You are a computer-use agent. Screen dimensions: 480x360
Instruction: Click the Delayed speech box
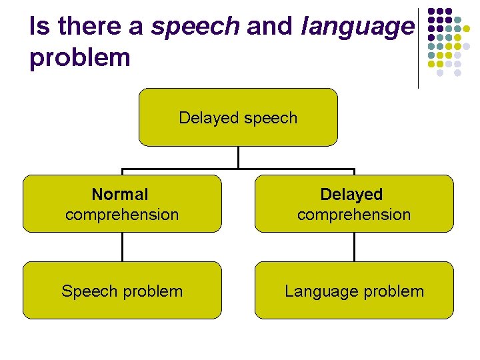(x=238, y=117)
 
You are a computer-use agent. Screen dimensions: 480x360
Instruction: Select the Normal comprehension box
(x=122, y=203)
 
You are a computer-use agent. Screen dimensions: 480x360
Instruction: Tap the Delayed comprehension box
(x=354, y=203)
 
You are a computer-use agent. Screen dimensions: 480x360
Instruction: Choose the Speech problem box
(x=122, y=291)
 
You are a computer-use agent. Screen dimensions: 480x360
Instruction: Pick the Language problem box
(x=354, y=291)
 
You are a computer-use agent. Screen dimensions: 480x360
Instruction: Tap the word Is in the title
(x=39, y=27)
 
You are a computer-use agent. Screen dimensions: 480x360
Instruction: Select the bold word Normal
(x=120, y=195)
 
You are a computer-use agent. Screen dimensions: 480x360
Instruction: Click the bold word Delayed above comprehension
(x=351, y=195)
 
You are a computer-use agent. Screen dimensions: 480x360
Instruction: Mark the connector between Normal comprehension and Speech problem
(x=123, y=247)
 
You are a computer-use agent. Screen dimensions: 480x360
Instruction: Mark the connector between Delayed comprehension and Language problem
(x=354, y=247)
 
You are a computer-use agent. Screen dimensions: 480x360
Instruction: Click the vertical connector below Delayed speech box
(x=238, y=157)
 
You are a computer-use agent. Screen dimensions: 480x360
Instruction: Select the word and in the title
(x=270, y=27)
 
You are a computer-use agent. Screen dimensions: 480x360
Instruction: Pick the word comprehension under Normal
(x=122, y=215)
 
